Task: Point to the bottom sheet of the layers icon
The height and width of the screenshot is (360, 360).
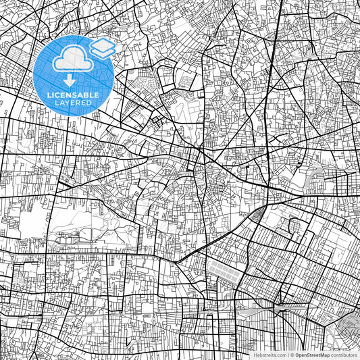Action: (x=103, y=53)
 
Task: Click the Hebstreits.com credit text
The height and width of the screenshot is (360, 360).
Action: (x=269, y=354)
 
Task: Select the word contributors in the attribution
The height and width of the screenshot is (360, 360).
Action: (x=344, y=354)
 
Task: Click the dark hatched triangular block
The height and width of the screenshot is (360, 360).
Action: (x=258, y=215)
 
